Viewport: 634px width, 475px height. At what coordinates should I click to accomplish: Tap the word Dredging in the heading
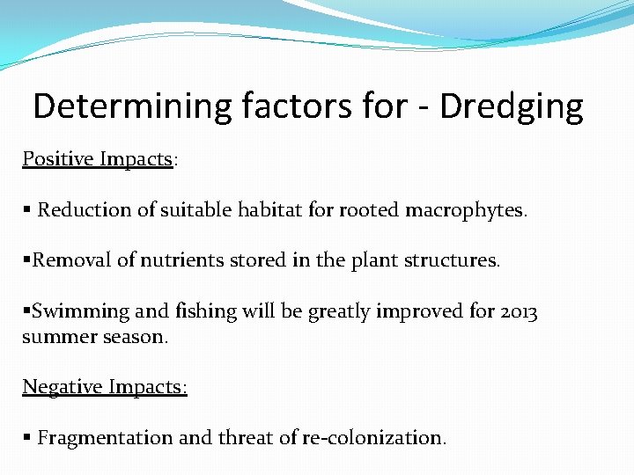512,106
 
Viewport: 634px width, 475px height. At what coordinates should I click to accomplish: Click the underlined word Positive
59,159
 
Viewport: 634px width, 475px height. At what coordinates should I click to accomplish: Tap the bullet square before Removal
26,260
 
